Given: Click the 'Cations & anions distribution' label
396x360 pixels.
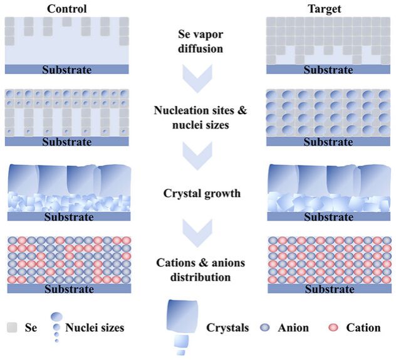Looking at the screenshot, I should pos(198,270).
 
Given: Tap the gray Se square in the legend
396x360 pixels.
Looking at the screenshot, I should pos(13,327).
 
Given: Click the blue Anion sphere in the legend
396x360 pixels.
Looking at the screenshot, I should pos(264,327).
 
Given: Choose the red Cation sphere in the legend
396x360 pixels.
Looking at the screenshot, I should pos(334,327).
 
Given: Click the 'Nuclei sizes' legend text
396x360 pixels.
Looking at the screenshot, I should pos(95,327).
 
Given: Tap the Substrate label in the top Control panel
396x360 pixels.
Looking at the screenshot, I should pos(66,69).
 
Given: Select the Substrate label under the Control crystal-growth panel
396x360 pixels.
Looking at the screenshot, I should pos(66,218).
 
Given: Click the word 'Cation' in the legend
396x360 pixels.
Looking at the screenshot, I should pos(363,327).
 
